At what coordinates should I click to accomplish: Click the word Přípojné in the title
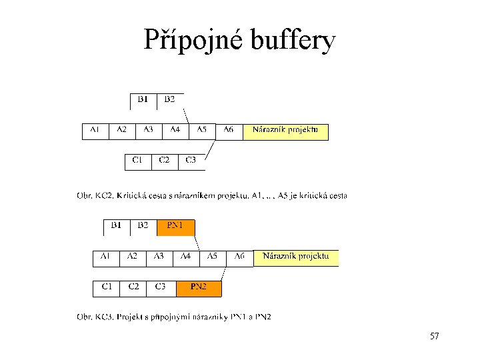(194, 41)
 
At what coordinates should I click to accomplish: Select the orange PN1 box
(175, 227)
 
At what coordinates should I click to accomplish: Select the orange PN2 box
(199, 287)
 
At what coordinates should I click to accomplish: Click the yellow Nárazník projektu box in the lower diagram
(296, 257)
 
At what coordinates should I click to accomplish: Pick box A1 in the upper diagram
(95, 131)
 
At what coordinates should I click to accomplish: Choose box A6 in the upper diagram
(229, 131)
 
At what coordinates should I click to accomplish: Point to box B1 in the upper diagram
(143, 101)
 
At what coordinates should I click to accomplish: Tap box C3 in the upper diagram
(191, 161)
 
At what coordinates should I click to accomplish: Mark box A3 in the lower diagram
(159, 257)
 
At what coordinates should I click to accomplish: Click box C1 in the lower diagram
(106, 287)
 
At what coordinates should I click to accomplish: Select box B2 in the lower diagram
(143, 227)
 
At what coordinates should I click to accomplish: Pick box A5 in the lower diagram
(213, 257)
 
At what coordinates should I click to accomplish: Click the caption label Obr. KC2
(95, 196)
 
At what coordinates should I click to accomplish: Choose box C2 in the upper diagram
(164, 161)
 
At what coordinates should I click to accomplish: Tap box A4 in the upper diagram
(175, 131)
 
